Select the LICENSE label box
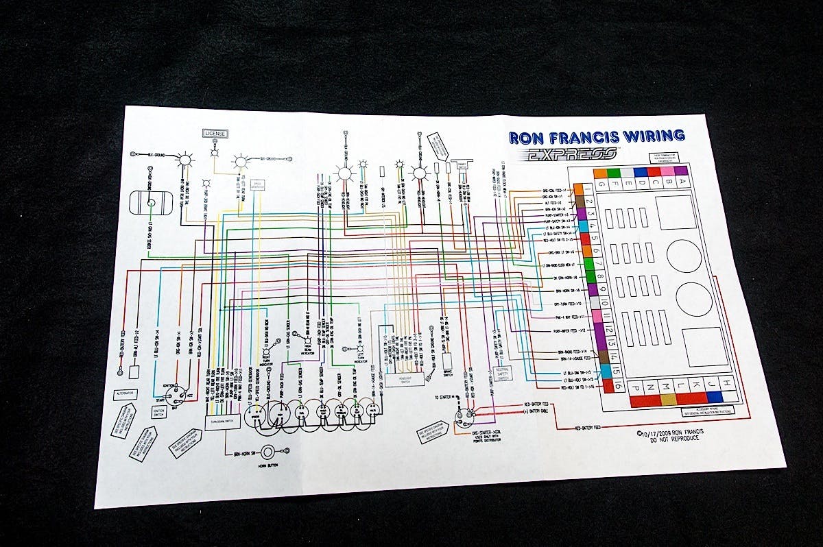pyautogui.click(x=215, y=133)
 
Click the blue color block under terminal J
pyautogui.click(x=715, y=397)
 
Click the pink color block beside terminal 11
pyautogui.click(x=597, y=316)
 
